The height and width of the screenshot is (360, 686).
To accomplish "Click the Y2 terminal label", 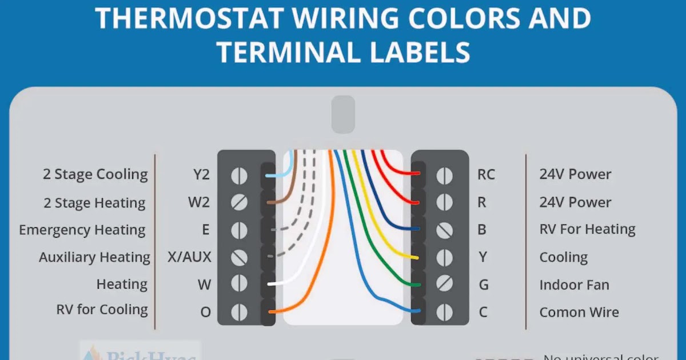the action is (201, 175).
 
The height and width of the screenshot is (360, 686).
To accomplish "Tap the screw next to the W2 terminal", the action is (239, 202).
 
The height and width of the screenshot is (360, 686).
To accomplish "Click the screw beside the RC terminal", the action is (444, 175).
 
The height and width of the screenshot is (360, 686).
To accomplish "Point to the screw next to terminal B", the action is (444, 230).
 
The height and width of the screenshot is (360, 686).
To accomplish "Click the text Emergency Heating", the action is (82, 230).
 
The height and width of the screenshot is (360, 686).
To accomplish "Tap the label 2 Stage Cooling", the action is (95, 175).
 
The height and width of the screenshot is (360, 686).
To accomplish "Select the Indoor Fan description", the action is (574, 285).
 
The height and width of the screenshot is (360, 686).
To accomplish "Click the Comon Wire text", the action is (579, 312).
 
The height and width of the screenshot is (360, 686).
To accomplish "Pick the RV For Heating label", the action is (587, 230).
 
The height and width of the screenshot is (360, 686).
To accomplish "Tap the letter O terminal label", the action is (205, 312).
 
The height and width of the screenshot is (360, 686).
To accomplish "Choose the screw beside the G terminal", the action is (444, 285).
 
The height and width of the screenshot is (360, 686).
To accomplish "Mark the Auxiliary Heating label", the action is (94, 257).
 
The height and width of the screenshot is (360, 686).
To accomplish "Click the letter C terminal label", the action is (483, 312).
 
